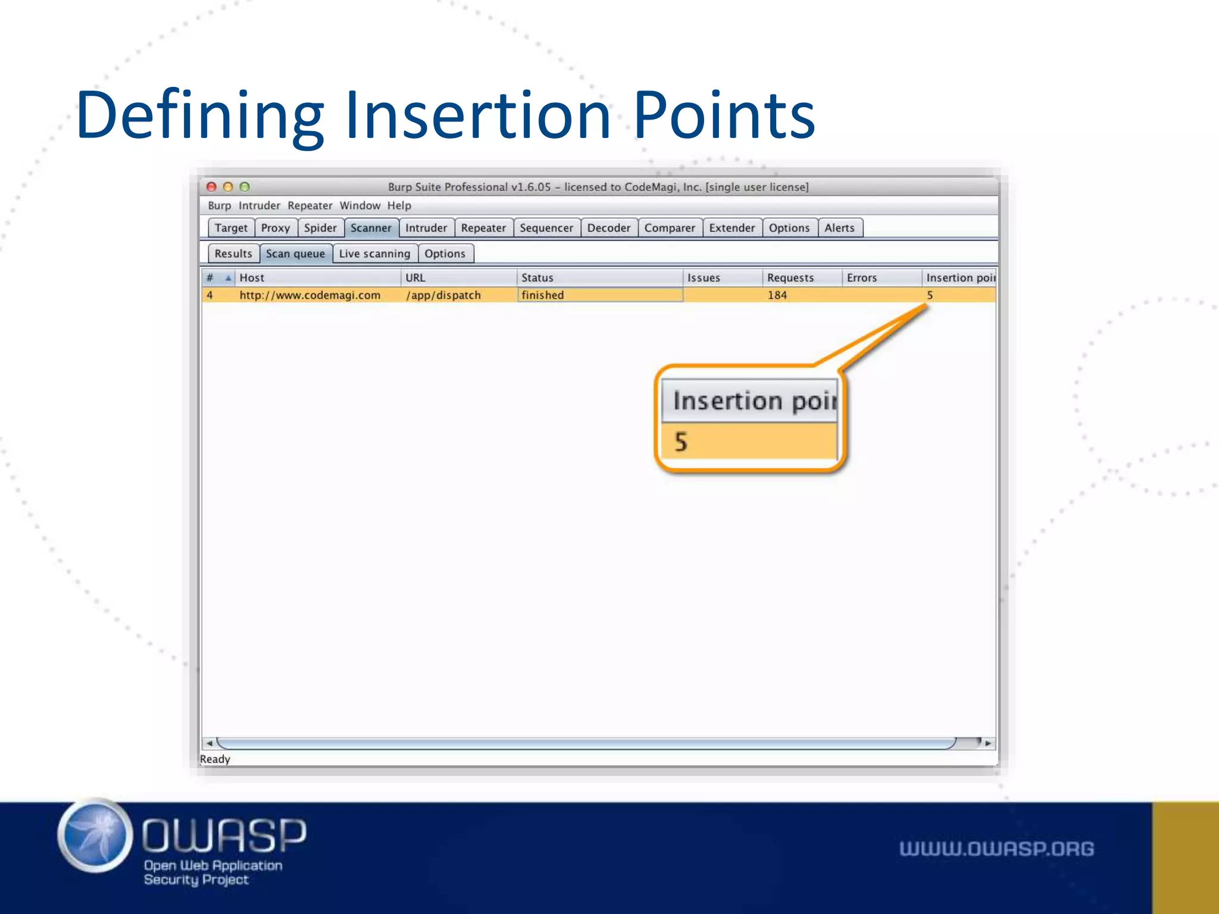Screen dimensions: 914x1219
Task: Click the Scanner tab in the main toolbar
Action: coord(371,228)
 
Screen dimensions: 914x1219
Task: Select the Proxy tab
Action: coord(275,228)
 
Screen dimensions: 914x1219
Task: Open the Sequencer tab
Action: coord(546,228)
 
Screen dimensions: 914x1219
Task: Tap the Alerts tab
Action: coord(839,228)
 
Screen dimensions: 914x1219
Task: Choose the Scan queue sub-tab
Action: coord(295,253)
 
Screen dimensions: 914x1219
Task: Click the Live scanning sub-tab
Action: coord(374,253)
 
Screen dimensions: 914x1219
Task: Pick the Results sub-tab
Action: coord(233,253)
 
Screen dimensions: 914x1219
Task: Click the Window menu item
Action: coord(360,205)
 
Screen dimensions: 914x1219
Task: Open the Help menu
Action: coord(399,205)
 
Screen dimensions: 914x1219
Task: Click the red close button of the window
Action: coord(211,187)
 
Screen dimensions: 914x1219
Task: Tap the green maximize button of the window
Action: coord(245,187)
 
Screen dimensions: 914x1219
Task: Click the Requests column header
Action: coord(790,278)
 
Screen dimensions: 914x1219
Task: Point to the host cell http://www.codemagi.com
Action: coord(310,295)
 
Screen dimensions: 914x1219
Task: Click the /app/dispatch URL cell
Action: coord(443,295)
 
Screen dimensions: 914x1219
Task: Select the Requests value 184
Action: coord(777,295)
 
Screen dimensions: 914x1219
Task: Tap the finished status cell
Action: coord(542,295)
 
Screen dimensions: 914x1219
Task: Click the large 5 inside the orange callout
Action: coord(681,442)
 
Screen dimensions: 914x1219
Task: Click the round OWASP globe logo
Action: coord(95,835)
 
